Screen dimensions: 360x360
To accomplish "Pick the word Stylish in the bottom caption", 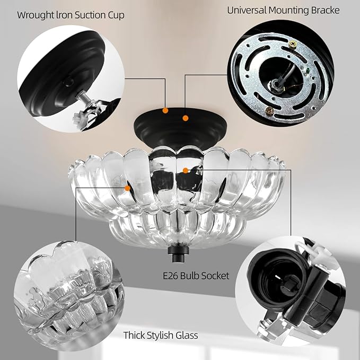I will click(x=162, y=335).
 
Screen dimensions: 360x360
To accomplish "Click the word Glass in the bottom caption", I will click(x=187, y=335).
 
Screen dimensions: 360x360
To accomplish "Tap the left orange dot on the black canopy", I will click(x=166, y=111).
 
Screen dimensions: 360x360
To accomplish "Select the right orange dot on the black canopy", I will click(x=186, y=118).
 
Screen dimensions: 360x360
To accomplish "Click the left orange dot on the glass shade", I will click(x=127, y=188).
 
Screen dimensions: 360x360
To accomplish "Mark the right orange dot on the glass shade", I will click(x=185, y=170).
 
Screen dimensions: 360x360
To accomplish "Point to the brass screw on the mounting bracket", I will click(x=269, y=110).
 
